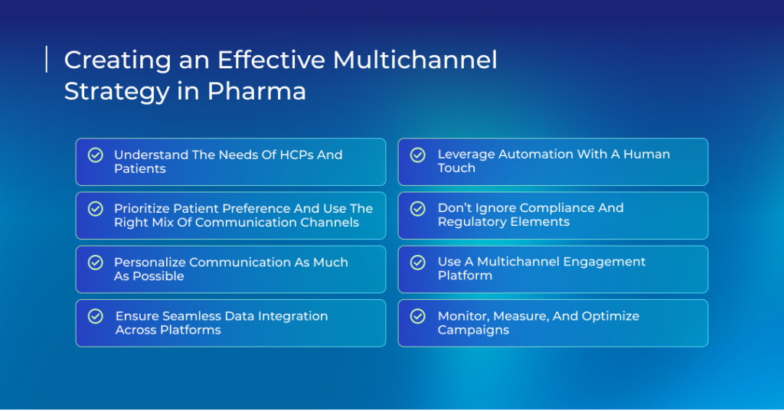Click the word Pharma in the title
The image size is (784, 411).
point(256,91)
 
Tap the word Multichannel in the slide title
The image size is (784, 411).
point(415,60)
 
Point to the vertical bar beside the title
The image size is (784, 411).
point(47,60)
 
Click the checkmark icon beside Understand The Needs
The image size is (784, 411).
point(96,155)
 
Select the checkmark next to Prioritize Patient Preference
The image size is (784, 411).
point(96,208)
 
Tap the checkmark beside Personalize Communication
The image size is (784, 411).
point(96,263)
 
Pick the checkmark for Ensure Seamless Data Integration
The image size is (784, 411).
point(96,316)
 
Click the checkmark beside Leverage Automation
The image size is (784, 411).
point(418,155)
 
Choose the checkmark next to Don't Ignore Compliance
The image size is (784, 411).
point(418,208)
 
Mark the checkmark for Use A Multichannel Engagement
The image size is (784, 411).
point(418,263)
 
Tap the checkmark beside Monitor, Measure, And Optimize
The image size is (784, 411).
point(418,316)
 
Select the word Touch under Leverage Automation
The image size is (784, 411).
point(456,168)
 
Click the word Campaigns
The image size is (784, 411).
point(473,330)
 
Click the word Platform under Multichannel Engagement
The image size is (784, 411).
point(465,276)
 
